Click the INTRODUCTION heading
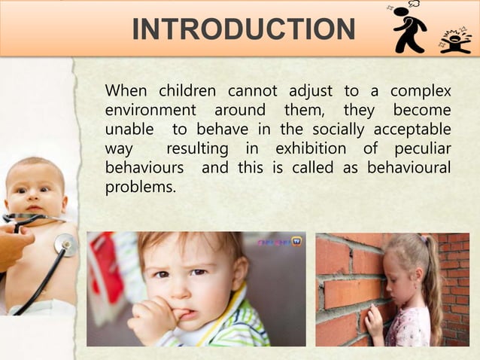243,29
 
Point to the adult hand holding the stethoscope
13,245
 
